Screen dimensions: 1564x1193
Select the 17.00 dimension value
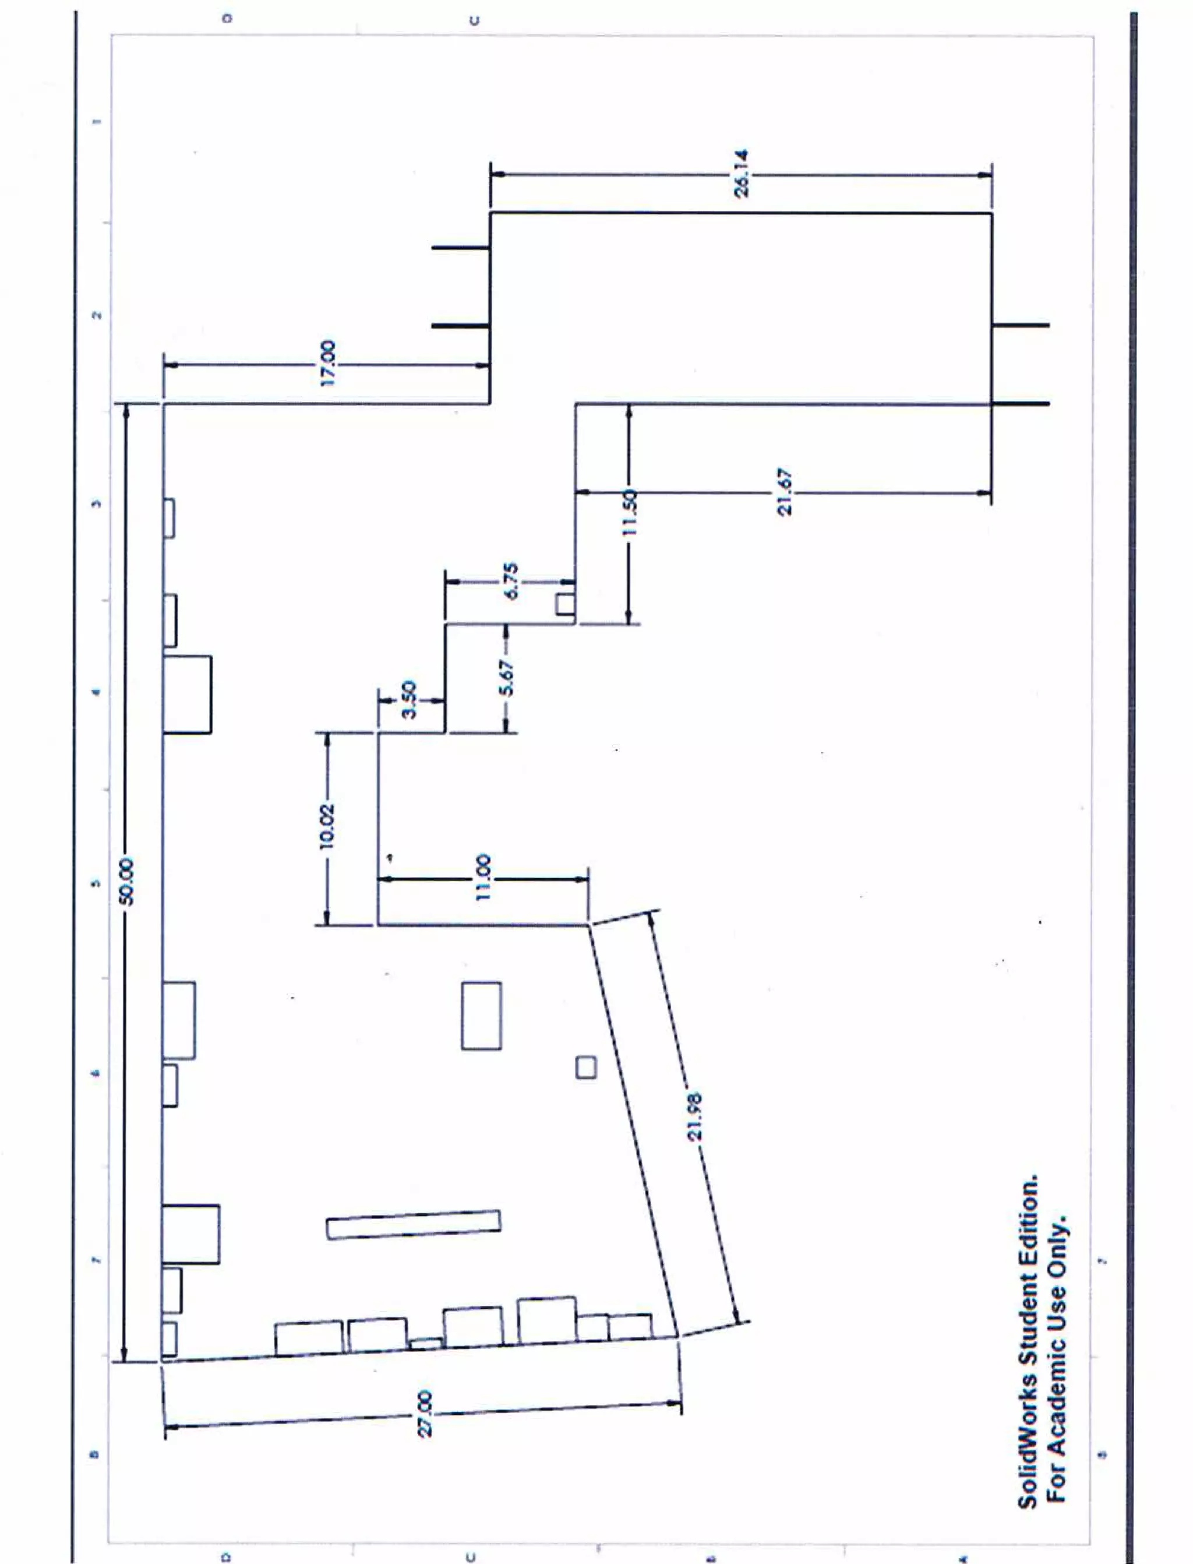[x=327, y=364]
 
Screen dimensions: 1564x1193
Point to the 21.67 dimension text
[x=783, y=491]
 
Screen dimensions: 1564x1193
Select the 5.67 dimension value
[x=506, y=678]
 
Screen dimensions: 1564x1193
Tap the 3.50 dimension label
[x=410, y=700]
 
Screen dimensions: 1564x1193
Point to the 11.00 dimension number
[x=483, y=879]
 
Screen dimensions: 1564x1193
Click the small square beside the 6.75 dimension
[x=565, y=604]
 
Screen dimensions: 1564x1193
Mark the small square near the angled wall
[x=587, y=1067]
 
